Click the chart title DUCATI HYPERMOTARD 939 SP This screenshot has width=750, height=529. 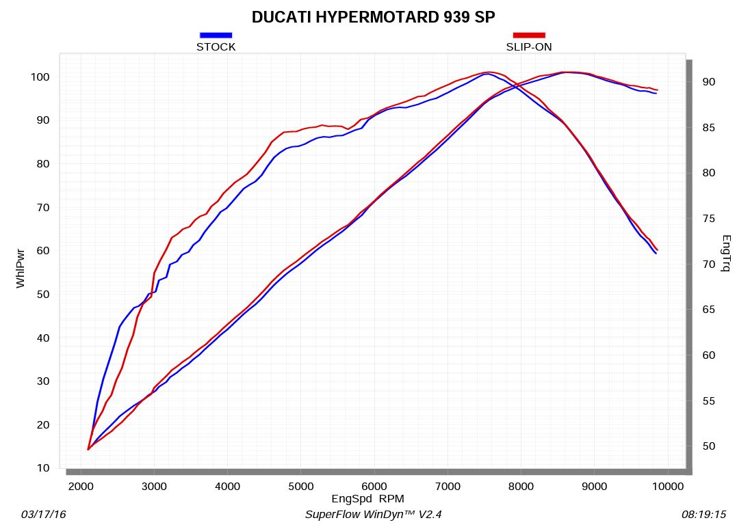pos(373,16)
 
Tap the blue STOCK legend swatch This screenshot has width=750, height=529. pos(216,35)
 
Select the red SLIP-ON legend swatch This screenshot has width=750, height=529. pos(529,35)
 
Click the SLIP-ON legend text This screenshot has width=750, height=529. pos(529,47)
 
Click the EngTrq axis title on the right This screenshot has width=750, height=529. pos(727,253)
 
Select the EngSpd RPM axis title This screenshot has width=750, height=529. pos(367,498)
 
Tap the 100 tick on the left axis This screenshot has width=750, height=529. pos(40,77)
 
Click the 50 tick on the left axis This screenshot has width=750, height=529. pos(43,294)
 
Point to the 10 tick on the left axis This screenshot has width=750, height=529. pos(43,468)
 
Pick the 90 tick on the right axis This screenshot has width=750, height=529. pos(708,82)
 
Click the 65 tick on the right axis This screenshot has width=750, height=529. pos(708,310)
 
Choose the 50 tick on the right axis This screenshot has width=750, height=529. pos(708,446)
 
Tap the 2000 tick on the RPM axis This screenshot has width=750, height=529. pos(81,486)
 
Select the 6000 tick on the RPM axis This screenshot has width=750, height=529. pos(374,486)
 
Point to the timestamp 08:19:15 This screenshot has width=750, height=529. pos(705,514)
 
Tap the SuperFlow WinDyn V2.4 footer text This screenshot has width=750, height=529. pos(378,514)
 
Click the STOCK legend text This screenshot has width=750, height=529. pos(216,47)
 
